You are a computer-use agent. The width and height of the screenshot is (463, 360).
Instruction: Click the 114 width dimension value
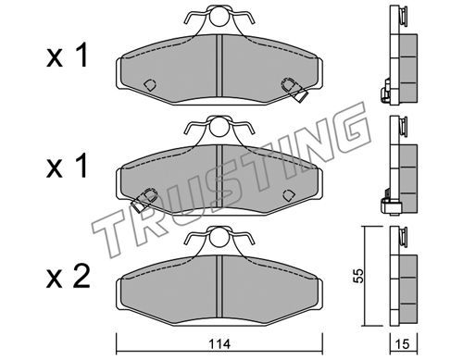(219, 343)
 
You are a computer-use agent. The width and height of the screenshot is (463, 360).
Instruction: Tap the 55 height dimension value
(358, 276)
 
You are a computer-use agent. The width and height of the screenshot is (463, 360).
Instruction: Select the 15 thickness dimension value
(403, 343)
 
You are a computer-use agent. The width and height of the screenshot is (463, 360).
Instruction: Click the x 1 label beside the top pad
(68, 56)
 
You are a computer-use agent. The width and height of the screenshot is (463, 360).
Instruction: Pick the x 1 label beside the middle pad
(68, 167)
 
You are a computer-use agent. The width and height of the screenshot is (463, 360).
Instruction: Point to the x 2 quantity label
(68, 277)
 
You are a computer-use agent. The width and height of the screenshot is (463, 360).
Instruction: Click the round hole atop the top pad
(219, 17)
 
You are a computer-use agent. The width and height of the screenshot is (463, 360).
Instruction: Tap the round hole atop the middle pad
(219, 127)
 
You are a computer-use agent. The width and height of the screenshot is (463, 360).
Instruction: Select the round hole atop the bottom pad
(219, 238)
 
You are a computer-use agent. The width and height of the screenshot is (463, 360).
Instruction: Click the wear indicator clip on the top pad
(294, 89)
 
